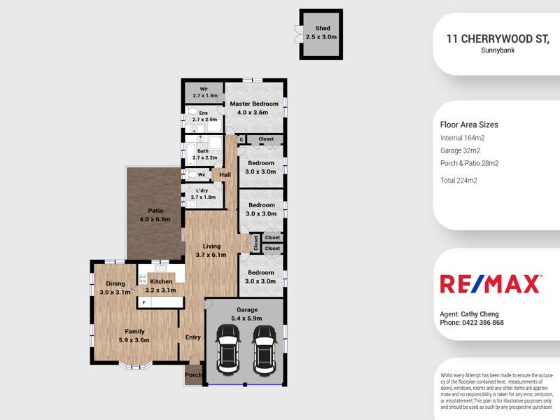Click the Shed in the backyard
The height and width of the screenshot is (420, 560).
[x=321, y=33]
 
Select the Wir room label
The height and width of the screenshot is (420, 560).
[x=204, y=89]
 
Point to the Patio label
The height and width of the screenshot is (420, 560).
[x=155, y=210]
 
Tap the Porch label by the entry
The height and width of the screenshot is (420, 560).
[x=193, y=375]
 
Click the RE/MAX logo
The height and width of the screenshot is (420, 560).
[x=490, y=283]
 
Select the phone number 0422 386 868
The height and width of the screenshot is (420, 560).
[x=482, y=323]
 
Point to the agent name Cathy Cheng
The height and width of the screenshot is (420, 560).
[x=479, y=314]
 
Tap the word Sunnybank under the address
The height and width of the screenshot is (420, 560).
[x=498, y=50]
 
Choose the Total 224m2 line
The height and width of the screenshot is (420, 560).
[x=458, y=180]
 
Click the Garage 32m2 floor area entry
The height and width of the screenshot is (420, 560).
[x=460, y=150]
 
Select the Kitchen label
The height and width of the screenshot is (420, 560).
[x=161, y=281]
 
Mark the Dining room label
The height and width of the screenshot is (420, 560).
[x=115, y=283]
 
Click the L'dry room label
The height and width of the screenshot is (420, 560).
[x=202, y=190]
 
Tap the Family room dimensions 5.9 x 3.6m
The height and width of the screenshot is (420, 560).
[x=134, y=340]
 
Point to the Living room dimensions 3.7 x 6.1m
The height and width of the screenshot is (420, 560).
[x=211, y=255]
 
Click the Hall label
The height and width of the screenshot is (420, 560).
[x=225, y=175]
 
